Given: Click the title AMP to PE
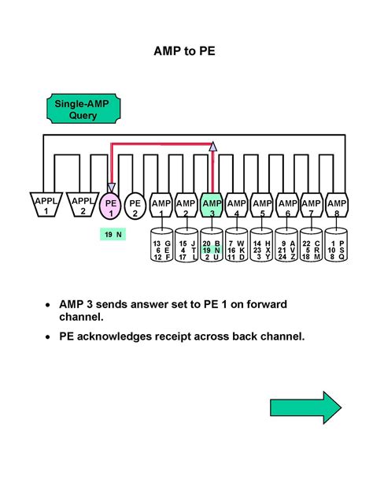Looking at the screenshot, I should click(x=186, y=54).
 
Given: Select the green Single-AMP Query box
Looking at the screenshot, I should click(x=76, y=109).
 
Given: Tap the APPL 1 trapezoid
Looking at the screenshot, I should click(x=46, y=205).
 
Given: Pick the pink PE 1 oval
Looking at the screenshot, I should click(x=111, y=207).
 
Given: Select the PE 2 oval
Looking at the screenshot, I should click(x=135, y=207).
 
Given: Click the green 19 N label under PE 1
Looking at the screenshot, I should click(x=111, y=235).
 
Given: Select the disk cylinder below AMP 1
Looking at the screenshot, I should click(x=162, y=245).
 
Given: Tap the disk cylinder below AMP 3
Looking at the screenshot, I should click(x=212, y=245).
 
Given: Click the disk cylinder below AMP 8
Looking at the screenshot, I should click(x=337, y=245).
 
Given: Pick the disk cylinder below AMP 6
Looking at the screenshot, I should click(x=287, y=245).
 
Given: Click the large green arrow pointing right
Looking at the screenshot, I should click(x=305, y=408).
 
